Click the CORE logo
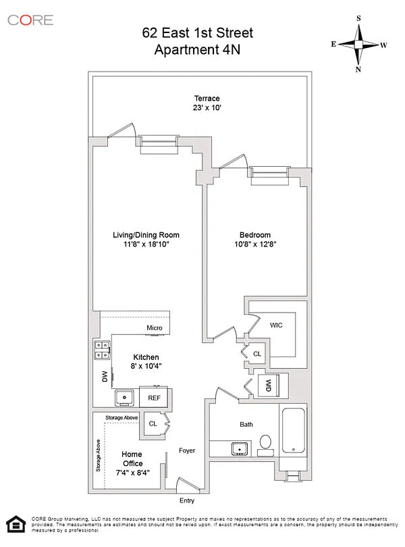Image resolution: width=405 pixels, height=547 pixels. coord(30,20)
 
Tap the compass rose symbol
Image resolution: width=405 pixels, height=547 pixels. coord(358,44)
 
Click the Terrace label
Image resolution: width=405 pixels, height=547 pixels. coord(207,99)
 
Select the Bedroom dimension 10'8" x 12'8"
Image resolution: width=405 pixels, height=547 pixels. coord(255,244)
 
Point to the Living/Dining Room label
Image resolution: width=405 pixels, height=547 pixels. coord(146,235)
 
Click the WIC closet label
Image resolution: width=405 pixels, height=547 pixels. coord(276,325)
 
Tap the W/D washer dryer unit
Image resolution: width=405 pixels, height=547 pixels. coord(268,385)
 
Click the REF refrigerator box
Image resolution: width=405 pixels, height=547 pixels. coord(154,398)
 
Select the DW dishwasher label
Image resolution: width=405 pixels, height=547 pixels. coord(105,376)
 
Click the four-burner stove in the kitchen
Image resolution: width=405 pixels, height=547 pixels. coord(102,350)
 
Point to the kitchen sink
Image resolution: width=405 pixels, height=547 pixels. coord(124,398)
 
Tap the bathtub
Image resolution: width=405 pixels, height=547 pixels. coord(293,431)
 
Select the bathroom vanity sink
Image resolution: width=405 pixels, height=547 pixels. coord(240,448)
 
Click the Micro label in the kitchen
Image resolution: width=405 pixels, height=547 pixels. coord(154,328)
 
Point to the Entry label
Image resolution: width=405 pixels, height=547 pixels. coord(186,500)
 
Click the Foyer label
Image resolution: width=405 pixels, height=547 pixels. coord(186,450)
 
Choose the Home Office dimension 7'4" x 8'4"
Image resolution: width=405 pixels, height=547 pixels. coord(132,473)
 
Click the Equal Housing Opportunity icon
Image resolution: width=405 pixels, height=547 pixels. coord(16,524)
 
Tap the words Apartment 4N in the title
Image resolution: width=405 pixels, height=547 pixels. coord(197,49)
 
